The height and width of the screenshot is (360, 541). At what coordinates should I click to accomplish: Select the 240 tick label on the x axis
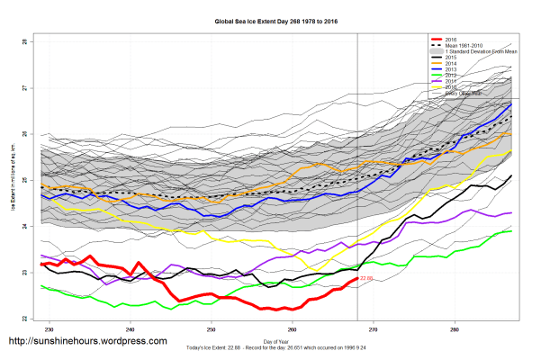pyautogui.click(x=131, y=328)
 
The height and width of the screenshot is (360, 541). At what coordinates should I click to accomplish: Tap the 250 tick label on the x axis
pyautogui.click(x=212, y=328)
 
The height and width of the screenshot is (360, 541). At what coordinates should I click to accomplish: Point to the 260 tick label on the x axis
pyautogui.click(x=293, y=328)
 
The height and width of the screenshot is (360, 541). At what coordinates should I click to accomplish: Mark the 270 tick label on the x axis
pyautogui.click(x=374, y=328)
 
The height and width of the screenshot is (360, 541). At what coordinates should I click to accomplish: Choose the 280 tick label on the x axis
pyautogui.click(x=455, y=328)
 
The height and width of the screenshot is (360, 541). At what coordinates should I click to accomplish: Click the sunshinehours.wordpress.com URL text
pyautogui.click(x=87, y=342)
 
